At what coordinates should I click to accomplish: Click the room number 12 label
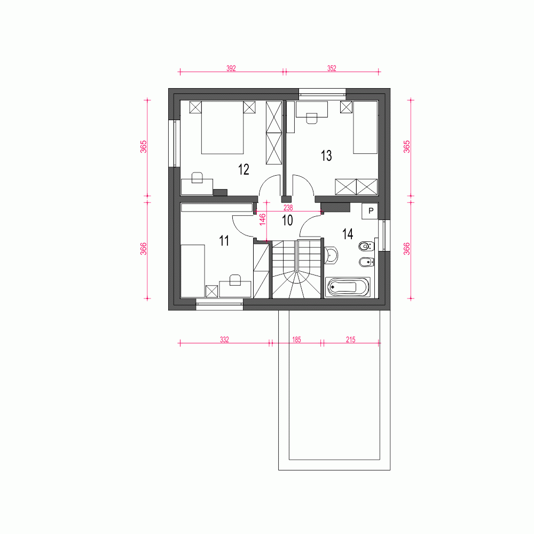click(244, 169)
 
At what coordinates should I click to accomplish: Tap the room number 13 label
click(326, 155)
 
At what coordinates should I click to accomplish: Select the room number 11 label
click(224, 241)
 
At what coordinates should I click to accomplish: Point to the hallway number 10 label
click(287, 221)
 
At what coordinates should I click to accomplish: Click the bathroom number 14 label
click(348, 234)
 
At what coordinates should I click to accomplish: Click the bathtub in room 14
click(348, 287)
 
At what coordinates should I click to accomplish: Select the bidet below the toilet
click(367, 262)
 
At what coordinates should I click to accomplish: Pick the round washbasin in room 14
click(331, 255)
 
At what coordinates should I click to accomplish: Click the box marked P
click(371, 211)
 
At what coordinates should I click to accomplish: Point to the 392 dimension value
click(231, 68)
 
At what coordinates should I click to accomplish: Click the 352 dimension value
click(332, 68)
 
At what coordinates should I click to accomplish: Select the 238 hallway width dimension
click(288, 207)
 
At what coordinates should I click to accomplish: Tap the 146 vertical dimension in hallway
click(263, 219)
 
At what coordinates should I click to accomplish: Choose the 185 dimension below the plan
click(296, 340)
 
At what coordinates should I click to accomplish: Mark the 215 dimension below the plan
click(351, 340)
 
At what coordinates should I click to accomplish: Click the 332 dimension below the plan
click(224, 340)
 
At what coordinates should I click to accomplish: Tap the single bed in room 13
click(365, 127)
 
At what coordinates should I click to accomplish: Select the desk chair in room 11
click(235, 280)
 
